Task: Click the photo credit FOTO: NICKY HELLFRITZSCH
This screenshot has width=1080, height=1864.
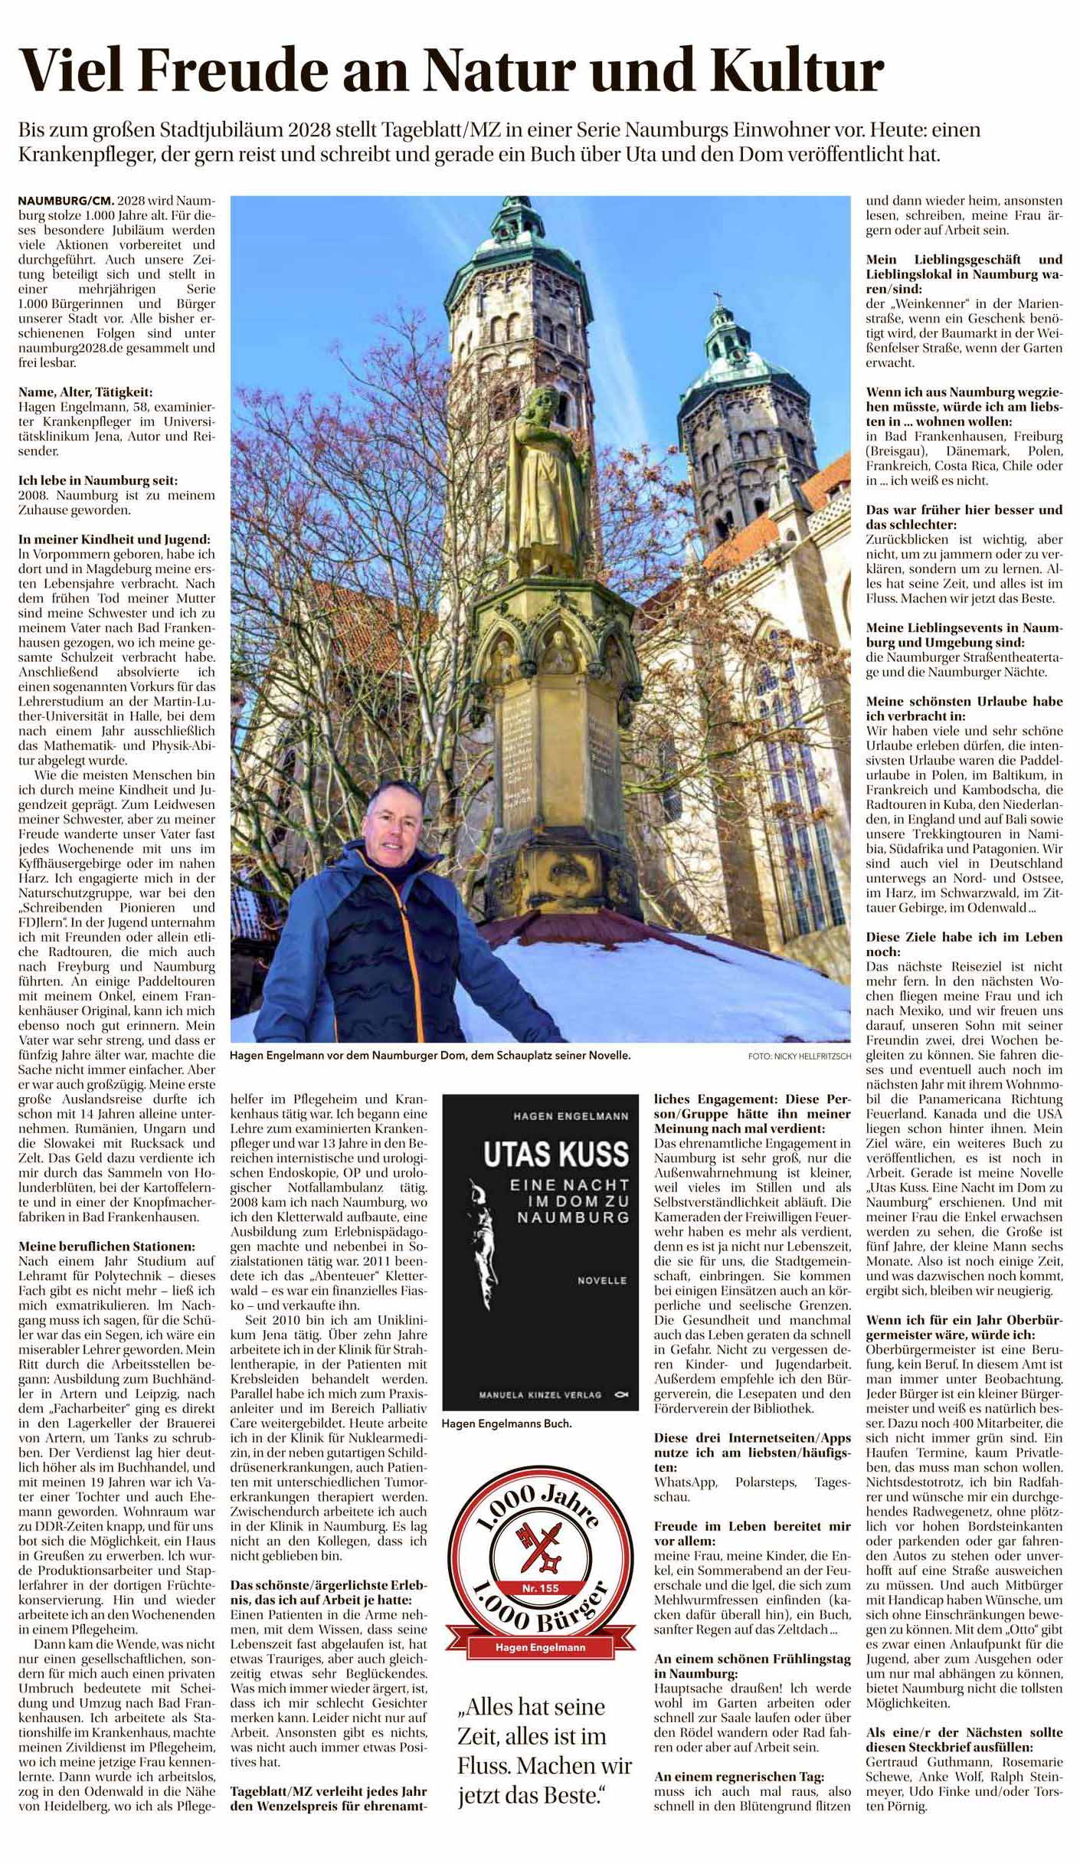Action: tap(799, 1056)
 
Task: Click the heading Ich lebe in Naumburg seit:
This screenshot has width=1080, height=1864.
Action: tap(98, 481)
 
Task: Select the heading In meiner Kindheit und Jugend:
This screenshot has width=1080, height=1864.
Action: tap(114, 540)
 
